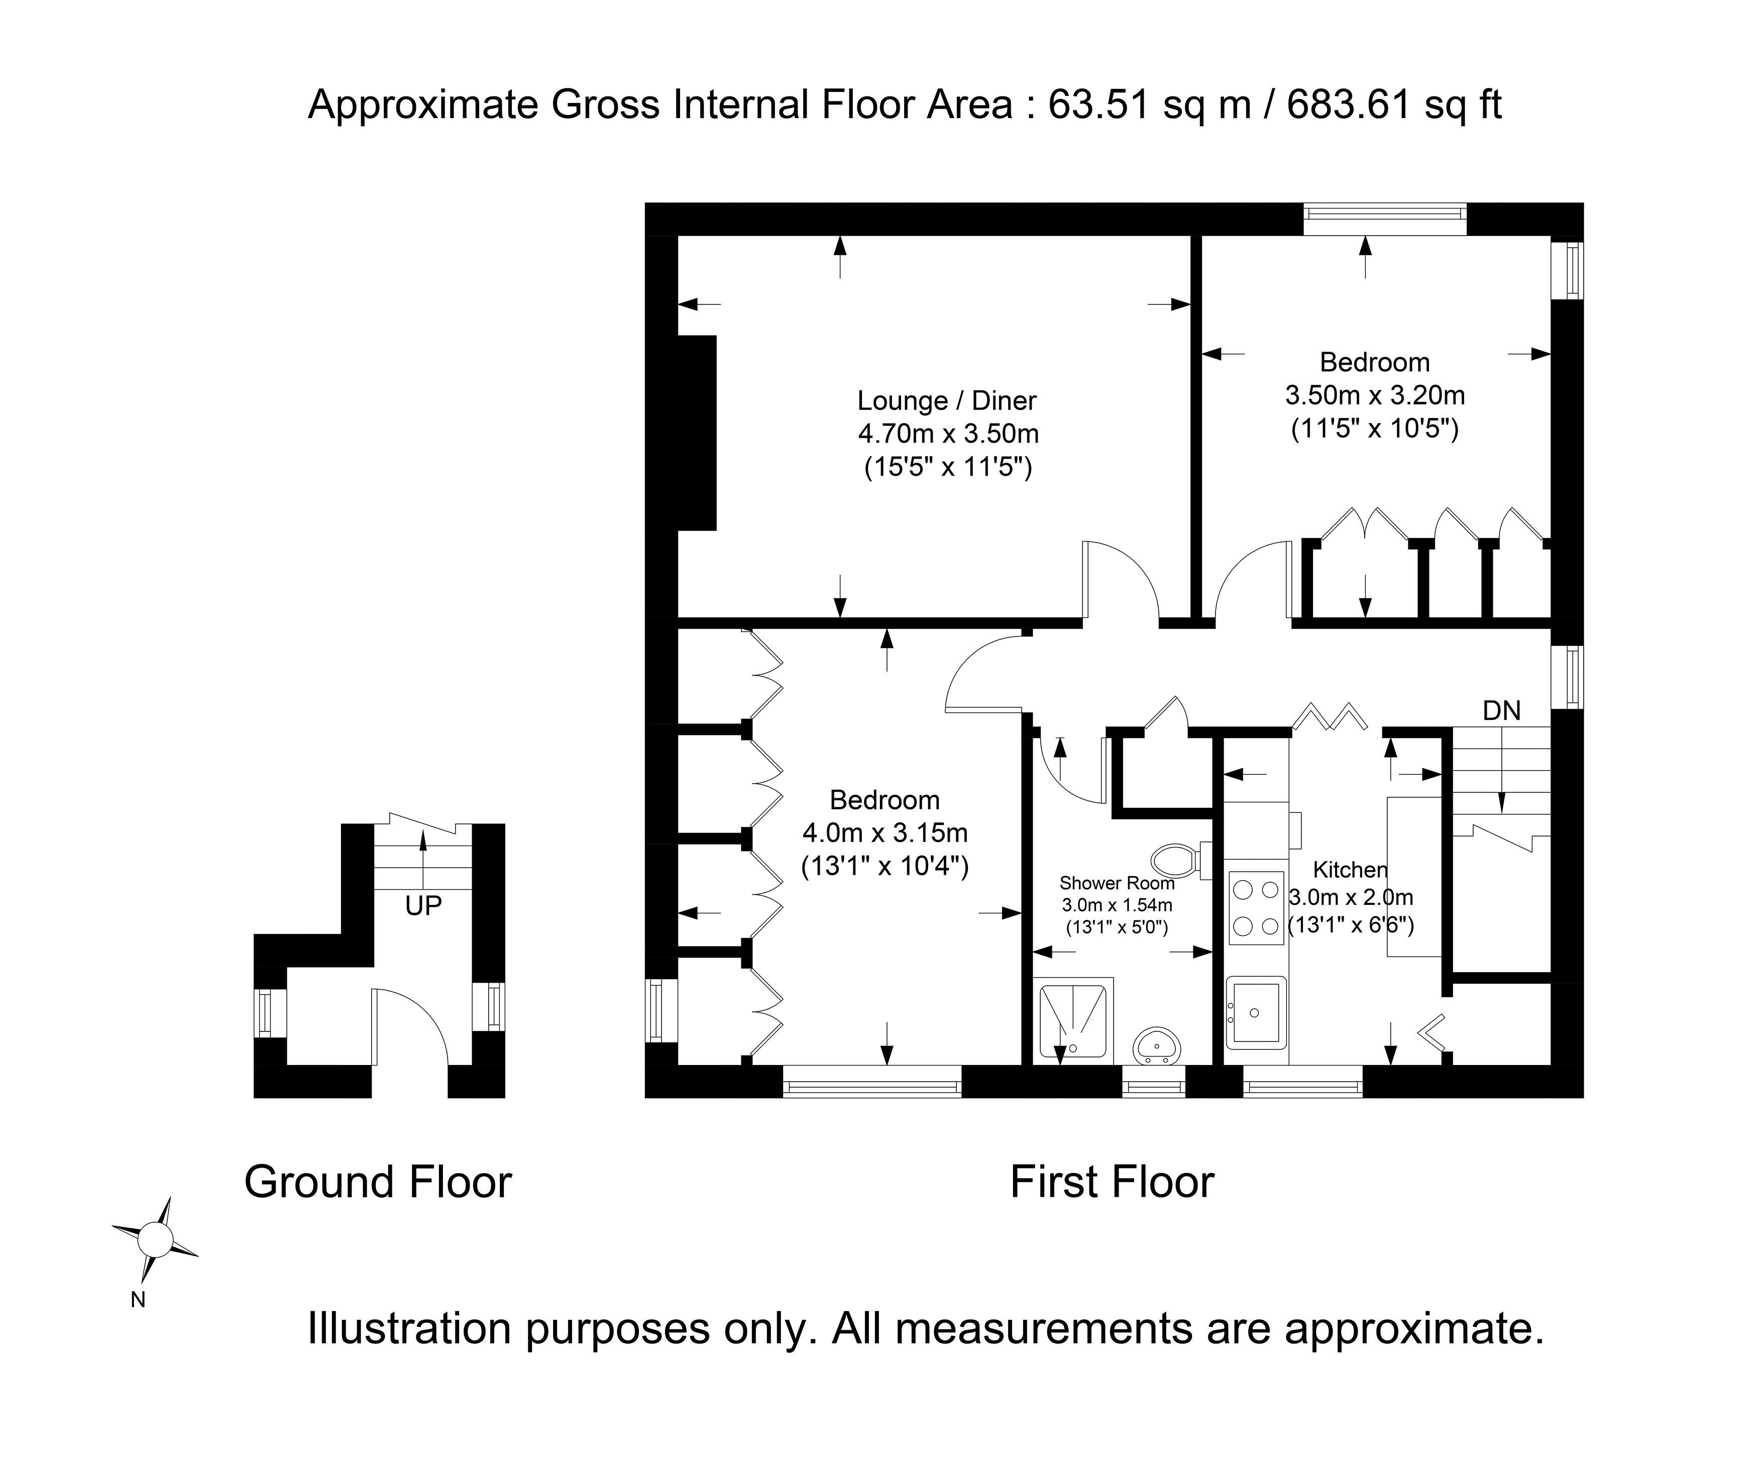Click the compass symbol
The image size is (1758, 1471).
click(x=155, y=1237)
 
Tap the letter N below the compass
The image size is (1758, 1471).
click(x=138, y=1300)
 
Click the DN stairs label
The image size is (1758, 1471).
click(x=1501, y=711)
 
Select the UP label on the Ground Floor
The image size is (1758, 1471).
click(x=423, y=906)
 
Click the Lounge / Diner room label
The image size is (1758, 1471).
click(x=947, y=401)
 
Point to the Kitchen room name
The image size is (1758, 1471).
click(x=1350, y=869)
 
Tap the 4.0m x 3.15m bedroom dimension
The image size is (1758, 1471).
click(x=885, y=833)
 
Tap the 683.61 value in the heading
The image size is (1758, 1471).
click(x=1349, y=106)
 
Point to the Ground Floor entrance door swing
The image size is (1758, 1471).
click(x=410, y=1025)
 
